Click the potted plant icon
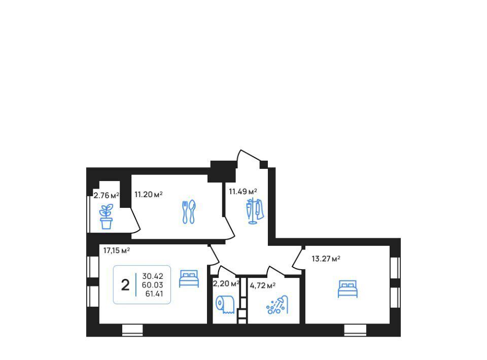(x=106, y=217)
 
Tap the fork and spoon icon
(x=189, y=211)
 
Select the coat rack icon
(x=255, y=211)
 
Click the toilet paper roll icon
(x=225, y=304)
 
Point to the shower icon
(x=277, y=304)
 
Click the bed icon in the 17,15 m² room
(x=189, y=278)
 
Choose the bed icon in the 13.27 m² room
(x=347, y=289)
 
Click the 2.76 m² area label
(x=106, y=196)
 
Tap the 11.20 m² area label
(x=149, y=195)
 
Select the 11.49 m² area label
(x=243, y=192)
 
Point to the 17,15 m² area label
(x=117, y=250)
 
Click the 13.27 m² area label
(x=326, y=259)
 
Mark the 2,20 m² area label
(x=226, y=283)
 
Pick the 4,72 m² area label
(x=263, y=285)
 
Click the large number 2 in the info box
(x=125, y=285)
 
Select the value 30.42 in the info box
(x=153, y=276)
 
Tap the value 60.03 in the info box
(x=153, y=285)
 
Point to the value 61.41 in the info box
(x=154, y=294)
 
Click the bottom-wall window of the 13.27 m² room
(x=355, y=330)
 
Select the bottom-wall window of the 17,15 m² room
(x=132, y=330)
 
